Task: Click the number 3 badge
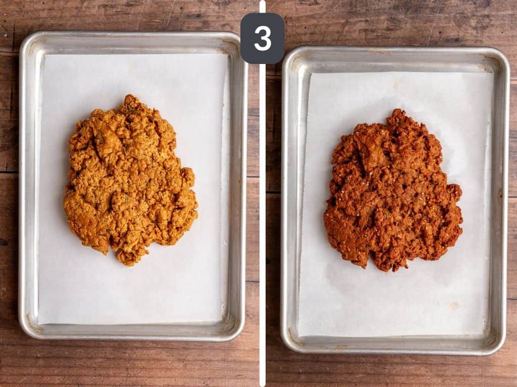(263, 38)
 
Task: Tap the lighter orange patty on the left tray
(130, 180)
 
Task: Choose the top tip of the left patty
(131, 96)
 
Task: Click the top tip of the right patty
(399, 110)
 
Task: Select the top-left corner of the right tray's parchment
(311, 74)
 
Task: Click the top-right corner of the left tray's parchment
(228, 54)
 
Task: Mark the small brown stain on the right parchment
(454, 305)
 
